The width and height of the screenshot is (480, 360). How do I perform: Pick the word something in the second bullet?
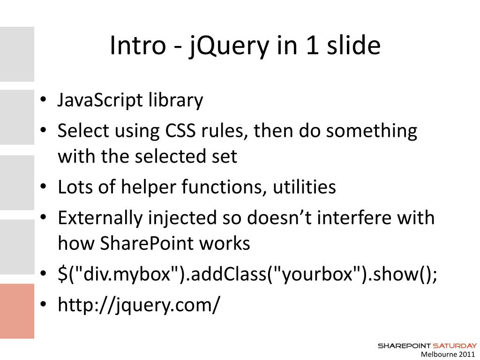tap(371, 131)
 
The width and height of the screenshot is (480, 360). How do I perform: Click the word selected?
tap(176, 156)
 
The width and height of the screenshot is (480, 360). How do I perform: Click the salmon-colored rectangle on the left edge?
tap(17, 310)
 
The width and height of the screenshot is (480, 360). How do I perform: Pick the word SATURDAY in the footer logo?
tap(455, 345)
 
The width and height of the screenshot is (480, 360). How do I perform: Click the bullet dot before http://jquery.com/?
tap(43, 305)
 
